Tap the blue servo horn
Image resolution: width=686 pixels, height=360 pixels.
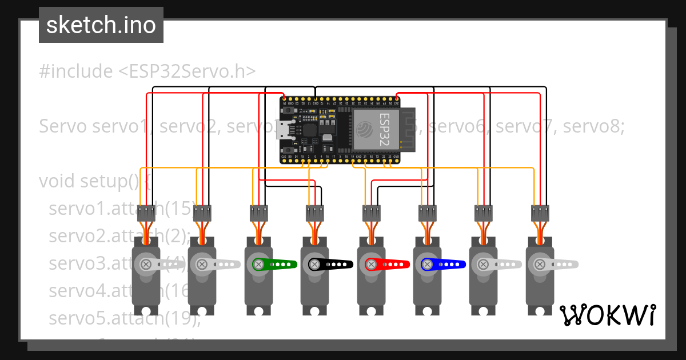tap(444, 265)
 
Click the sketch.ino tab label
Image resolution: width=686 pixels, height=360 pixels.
tap(101, 25)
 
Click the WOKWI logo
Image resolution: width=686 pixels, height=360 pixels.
tap(607, 315)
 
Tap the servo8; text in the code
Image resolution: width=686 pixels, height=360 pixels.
tap(596, 126)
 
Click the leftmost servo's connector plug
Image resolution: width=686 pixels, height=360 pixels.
tap(146, 214)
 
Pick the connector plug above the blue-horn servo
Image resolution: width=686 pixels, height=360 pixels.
tap(427, 214)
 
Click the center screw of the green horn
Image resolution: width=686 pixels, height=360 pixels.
tap(258, 265)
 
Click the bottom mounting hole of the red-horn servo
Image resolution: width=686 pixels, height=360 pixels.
tap(371, 311)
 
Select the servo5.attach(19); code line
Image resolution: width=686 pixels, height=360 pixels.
tap(125, 318)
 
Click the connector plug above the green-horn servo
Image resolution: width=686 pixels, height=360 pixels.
tap(259, 214)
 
